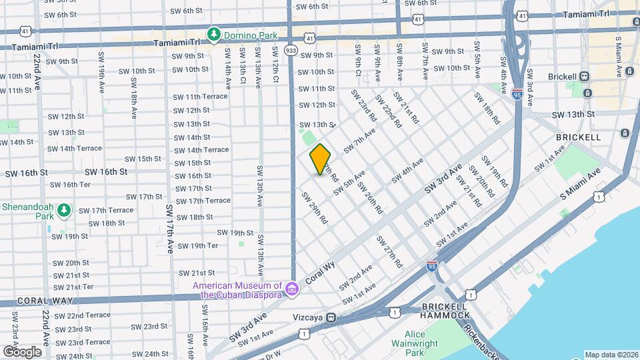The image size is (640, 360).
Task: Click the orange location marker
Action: tap(320, 159)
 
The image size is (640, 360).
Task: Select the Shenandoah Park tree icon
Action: tap(63, 211)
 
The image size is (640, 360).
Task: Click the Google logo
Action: tap(22, 351)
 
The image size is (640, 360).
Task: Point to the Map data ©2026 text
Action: tap(611, 355)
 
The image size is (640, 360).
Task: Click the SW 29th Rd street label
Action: tap(314, 207)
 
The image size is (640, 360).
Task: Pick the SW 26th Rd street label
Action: tap(370, 197)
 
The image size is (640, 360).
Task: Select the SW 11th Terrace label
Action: tap(201, 97)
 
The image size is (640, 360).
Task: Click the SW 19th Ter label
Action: tap(195, 245)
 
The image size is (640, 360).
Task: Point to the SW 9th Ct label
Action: tap(358, 61)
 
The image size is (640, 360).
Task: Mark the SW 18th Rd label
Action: tap(487, 108)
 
